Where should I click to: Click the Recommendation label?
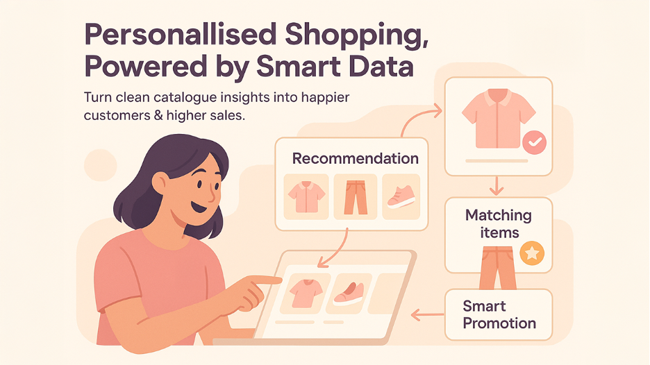coord(355,158)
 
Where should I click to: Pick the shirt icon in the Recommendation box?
coord(305,196)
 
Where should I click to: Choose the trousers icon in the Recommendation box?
coord(355,196)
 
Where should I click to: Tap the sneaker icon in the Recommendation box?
coord(401,196)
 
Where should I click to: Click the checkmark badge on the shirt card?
coord(534,142)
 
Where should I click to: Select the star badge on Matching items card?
coord(532,255)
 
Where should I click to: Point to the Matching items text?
coord(498,223)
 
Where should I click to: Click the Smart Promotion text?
coord(499,314)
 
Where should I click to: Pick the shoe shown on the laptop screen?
coord(349,292)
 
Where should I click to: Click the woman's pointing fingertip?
coord(278,280)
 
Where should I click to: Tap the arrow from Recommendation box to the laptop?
coord(332,250)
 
